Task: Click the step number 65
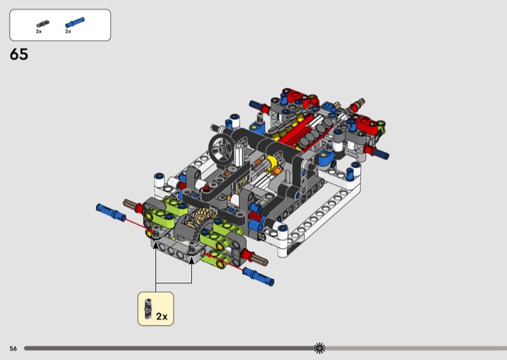point(19,54)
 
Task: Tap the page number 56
point(13,349)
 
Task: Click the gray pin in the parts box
point(42,23)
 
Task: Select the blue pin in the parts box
point(75,22)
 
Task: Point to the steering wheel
point(222,149)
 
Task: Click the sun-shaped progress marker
point(319,348)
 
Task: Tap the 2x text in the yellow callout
point(162,316)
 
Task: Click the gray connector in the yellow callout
point(148,309)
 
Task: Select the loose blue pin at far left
point(111,212)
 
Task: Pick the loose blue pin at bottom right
point(259,276)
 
